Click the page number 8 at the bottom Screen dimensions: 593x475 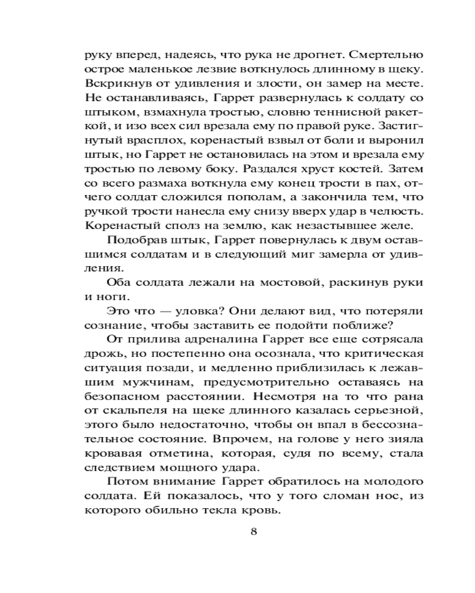pos(254,531)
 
